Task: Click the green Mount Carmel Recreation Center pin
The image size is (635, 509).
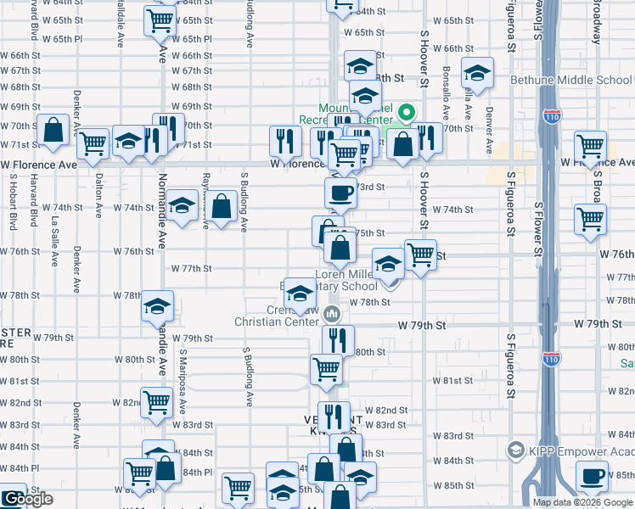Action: point(407,112)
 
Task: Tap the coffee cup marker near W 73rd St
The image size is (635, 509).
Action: point(340,193)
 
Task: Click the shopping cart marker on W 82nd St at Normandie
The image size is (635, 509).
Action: point(156,403)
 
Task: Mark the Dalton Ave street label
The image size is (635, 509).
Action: point(98,195)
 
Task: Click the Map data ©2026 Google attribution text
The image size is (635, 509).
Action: point(582,502)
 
